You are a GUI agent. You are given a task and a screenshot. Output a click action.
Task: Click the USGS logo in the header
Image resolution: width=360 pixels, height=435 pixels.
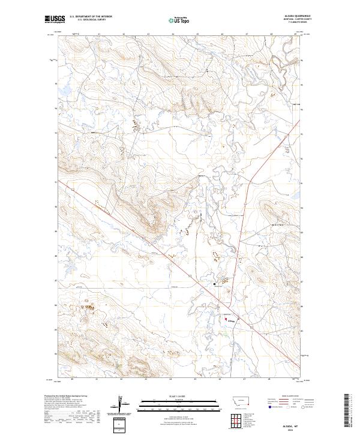[x=55, y=19]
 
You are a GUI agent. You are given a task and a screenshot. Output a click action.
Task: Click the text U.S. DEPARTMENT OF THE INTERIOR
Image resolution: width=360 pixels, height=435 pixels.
[x=91, y=17]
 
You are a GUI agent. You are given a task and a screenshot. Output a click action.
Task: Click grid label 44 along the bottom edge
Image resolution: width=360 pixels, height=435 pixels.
[x=171, y=380]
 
